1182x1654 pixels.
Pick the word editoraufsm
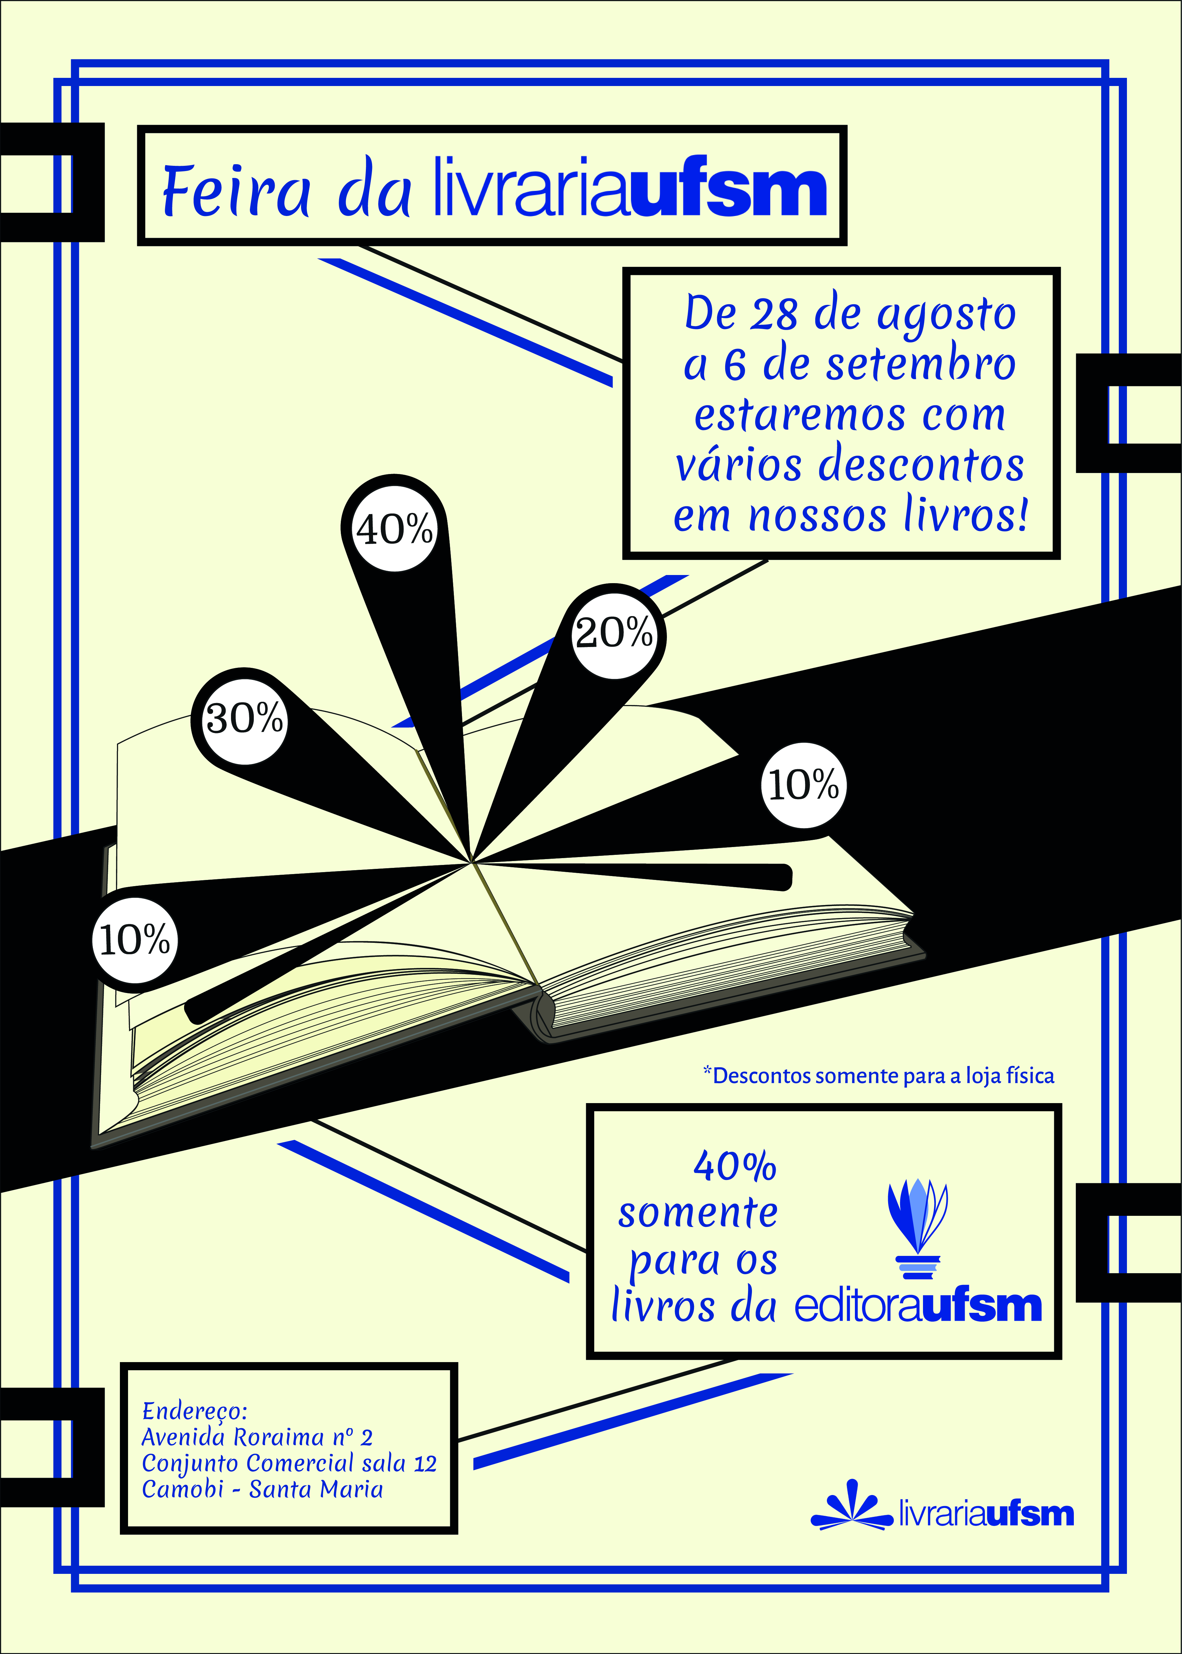[918, 1306]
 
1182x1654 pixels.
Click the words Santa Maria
[316, 1489]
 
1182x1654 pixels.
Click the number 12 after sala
[424, 1463]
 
